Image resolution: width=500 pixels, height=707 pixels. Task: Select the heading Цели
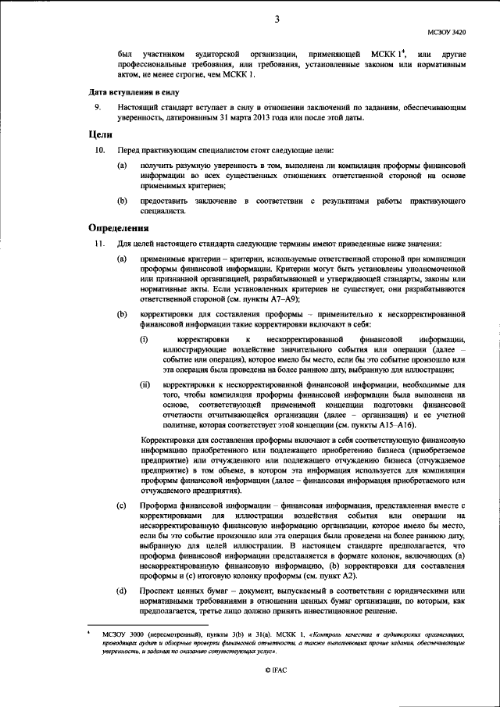click(98, 134)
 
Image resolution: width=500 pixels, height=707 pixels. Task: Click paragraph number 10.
click(98, 149)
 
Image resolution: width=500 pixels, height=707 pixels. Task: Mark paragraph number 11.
click(98, 244)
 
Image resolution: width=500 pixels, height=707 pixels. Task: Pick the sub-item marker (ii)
click(145, 385)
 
